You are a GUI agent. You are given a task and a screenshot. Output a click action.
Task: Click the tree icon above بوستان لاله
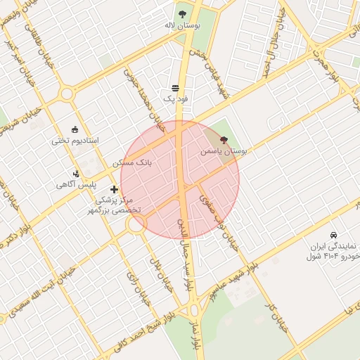click(182, 13)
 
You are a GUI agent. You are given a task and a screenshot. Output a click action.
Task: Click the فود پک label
click(175, 100)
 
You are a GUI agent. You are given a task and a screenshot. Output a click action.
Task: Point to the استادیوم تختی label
click(75, 141)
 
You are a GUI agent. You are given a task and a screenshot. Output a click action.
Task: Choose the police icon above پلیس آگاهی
click(76, 173)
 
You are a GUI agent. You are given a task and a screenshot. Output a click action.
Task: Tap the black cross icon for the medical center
click(115, 189)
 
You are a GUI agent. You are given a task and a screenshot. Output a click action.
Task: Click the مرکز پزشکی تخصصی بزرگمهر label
click(117, 205)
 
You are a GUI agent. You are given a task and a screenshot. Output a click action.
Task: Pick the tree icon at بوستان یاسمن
click(224, 140)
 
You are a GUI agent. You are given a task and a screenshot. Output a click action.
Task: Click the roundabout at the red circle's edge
click(136, 224)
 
